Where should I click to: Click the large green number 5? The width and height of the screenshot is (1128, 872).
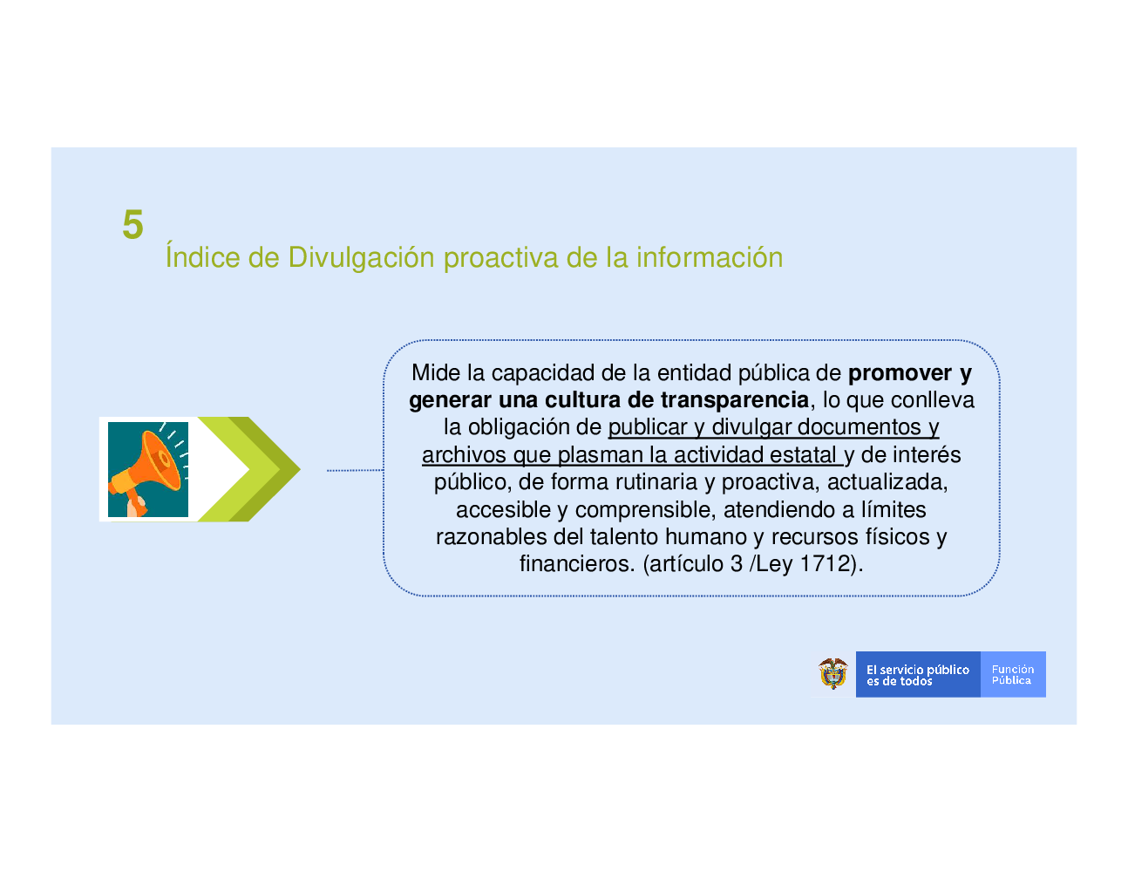tap(133, 225)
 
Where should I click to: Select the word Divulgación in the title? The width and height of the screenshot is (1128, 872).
tap(361, 258)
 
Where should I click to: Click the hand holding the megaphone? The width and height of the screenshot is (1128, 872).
tap(137, 506)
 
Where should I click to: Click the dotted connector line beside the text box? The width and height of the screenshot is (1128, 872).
tap(355, 470)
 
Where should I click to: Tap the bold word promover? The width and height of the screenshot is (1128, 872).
tap(900, 373)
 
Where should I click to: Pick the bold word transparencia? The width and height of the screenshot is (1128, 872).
tap(735, 400)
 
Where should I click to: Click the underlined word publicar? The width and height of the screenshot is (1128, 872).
tap(648, 427)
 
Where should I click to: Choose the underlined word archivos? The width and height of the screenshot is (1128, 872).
tap(464, 454)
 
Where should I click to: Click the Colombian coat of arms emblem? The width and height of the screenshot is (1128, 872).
tap(833, 674)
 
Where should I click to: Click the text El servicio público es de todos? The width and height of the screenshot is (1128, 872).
tap(918, 675)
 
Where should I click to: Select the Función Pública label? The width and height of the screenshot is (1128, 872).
tap(1013, 675)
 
